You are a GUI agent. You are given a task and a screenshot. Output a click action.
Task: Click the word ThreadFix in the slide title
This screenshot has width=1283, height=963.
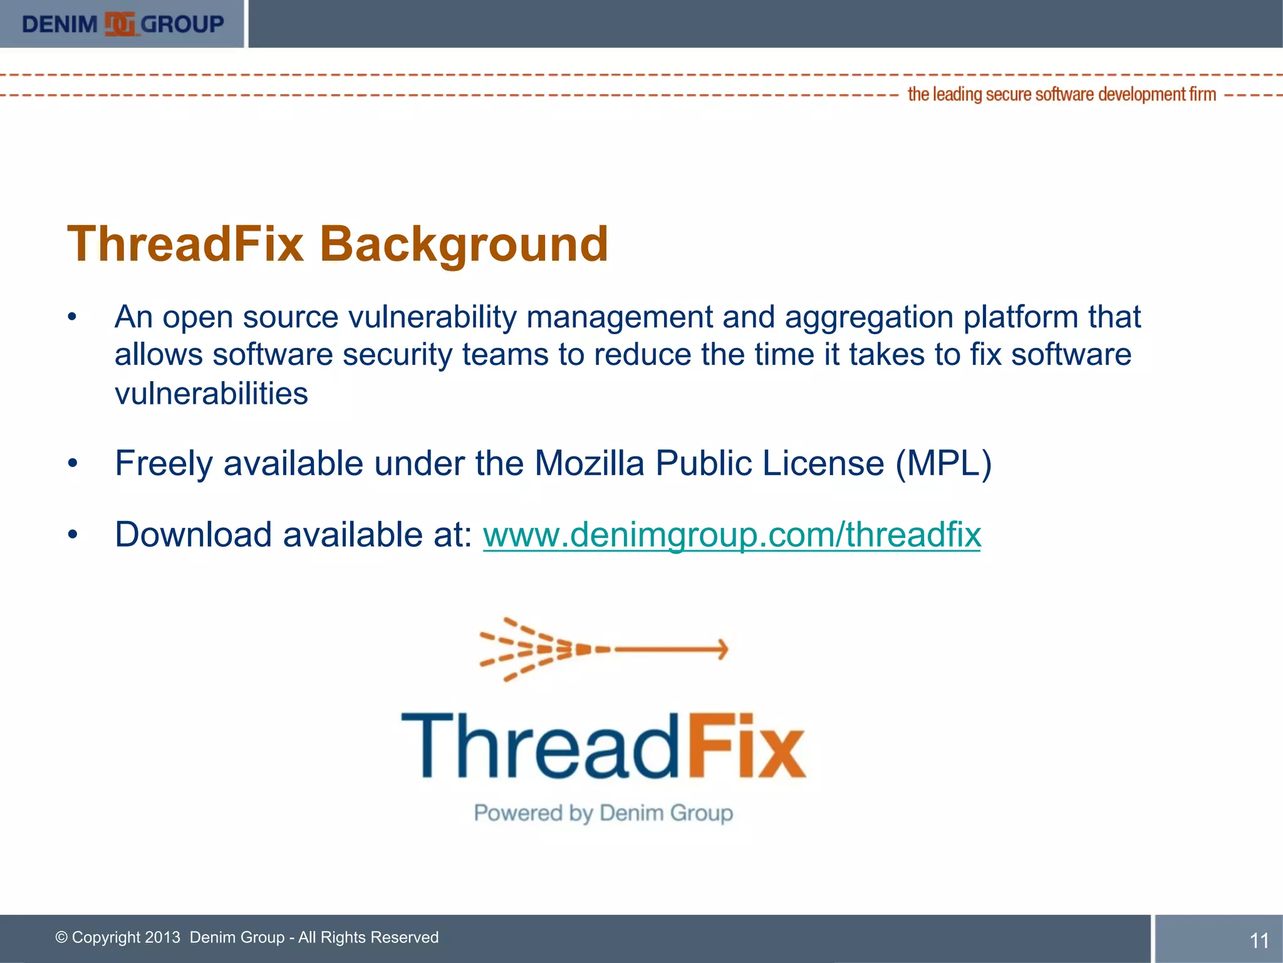click(185, 244)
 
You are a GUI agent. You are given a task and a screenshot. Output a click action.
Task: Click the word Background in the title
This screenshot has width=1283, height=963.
click(464, 244)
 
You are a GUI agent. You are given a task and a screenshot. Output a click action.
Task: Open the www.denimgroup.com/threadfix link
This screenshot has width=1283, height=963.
click(731, 535)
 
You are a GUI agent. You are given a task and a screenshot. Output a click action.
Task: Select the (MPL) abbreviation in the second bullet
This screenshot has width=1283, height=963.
click(943, 464)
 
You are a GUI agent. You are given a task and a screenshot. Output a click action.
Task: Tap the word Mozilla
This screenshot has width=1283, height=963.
click(589, 464)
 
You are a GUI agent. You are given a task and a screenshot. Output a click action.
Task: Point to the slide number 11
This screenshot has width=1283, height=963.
click(1259, 940)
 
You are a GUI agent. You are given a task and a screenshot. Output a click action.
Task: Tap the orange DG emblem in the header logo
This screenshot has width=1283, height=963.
click(120, 24)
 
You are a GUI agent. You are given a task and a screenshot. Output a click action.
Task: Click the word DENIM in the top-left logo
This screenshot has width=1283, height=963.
click(60, 24)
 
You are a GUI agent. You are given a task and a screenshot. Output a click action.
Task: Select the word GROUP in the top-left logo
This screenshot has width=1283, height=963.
click(182, 24)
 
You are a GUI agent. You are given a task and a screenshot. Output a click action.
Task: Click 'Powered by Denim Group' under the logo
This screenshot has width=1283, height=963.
click(603, 813)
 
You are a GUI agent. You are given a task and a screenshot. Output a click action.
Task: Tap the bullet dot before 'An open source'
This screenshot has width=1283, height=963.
click(73, 317)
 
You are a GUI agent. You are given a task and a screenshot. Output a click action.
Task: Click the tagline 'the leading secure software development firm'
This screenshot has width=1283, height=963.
click(1061, 95)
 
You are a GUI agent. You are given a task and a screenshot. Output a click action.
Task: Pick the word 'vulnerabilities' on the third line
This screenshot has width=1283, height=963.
click(211, 394)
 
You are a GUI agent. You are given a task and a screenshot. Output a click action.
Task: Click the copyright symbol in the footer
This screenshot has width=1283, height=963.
click(61, 937)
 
